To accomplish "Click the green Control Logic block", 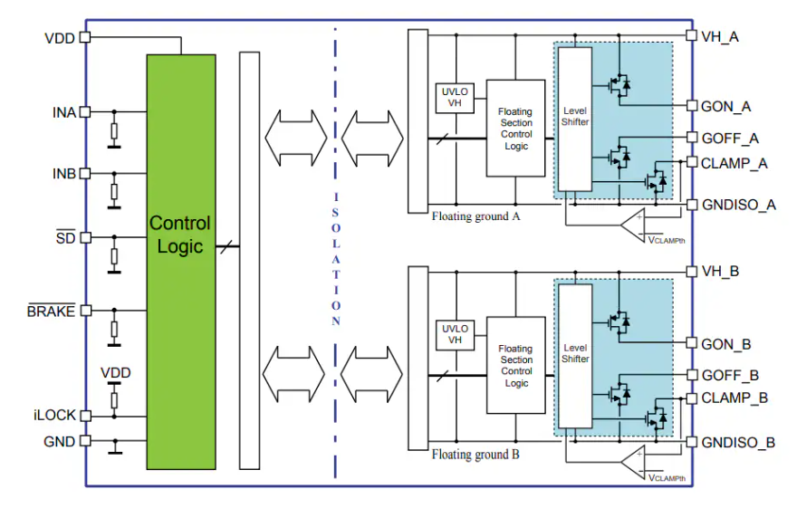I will point(181,261).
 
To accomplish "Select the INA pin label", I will point(63,112).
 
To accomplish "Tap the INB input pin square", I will point(85,173).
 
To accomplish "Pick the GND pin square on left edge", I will point(85,441).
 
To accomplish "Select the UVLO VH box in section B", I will point(456,334).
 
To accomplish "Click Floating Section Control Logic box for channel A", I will point(516,129).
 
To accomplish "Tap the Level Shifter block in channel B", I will point(575,353).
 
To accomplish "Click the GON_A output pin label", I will point(726,106).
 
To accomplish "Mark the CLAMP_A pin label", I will point(734,163).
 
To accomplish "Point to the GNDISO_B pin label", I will point(738,443).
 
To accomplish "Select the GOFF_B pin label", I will point(730,375).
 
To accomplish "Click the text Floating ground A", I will point(475,217).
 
